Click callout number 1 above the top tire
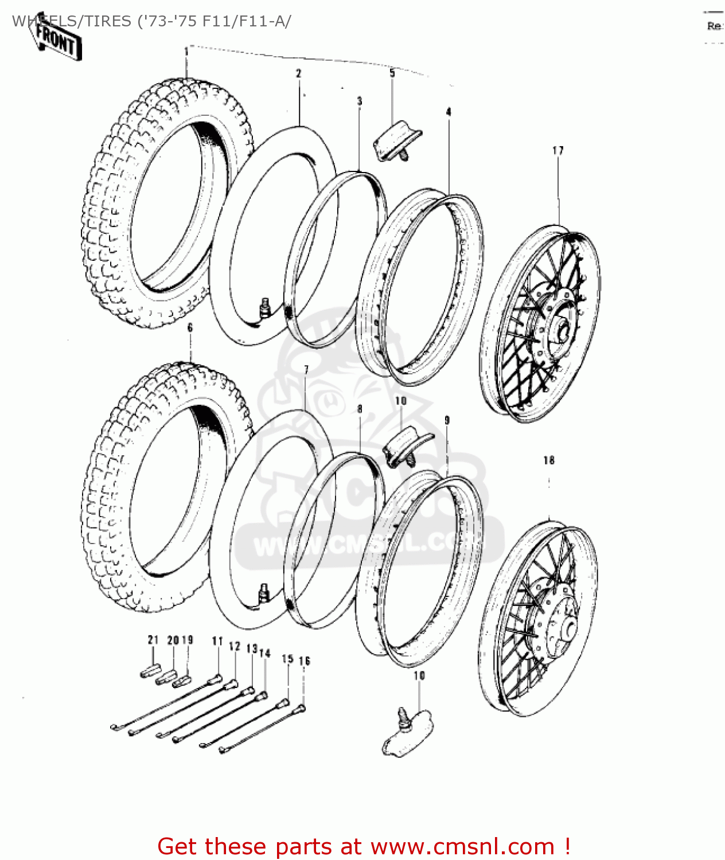click(186, 52)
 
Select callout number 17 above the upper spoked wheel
click(558, 150)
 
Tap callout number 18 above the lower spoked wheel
click(549, 460)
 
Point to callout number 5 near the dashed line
click(392, 73)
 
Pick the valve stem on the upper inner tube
click(265, 307)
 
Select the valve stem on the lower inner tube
click(264, 591)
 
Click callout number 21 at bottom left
click(153, 640)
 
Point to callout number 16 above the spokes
click(304, 661)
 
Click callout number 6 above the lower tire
click(190, 327)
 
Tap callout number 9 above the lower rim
click(447, 420)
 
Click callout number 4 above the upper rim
click(449, 112)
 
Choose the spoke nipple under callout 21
click(147, 672)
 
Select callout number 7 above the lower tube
click(306, 370)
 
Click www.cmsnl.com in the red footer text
click(462, 847)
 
